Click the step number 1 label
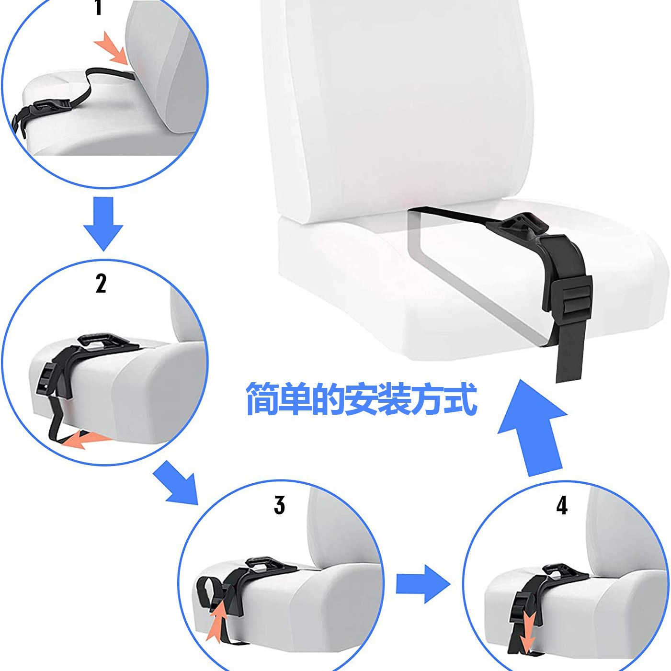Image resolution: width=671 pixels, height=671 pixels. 99,8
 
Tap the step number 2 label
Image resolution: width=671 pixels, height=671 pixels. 101,284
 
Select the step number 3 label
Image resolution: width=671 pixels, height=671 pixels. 279,505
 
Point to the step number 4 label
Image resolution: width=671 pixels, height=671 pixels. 562,505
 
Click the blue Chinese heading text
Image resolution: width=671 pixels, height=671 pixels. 361,399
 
